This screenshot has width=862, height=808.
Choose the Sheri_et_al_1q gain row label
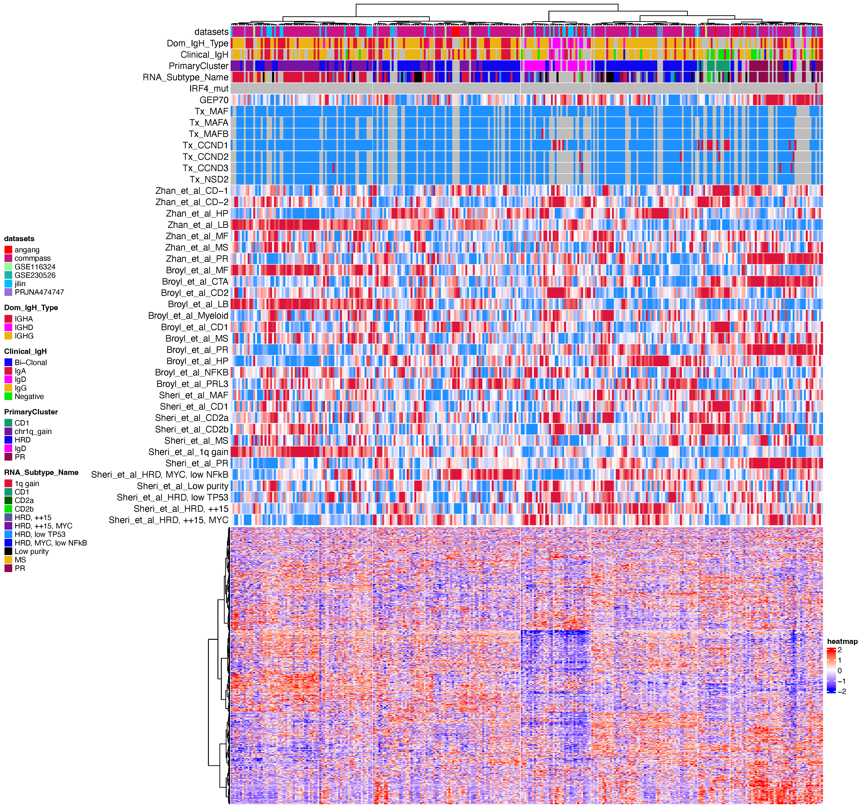pyautogui.click(x=188, y=452)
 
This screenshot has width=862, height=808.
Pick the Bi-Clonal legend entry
pyautogui.click(x=30, y=362)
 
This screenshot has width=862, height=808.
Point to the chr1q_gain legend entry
pyautogui.click(x=33, y=431)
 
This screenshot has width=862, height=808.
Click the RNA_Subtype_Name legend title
pyautogui.click(x=41, y=472)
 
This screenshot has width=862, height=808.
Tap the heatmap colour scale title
pyautogui.click(x=842, y=642)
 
